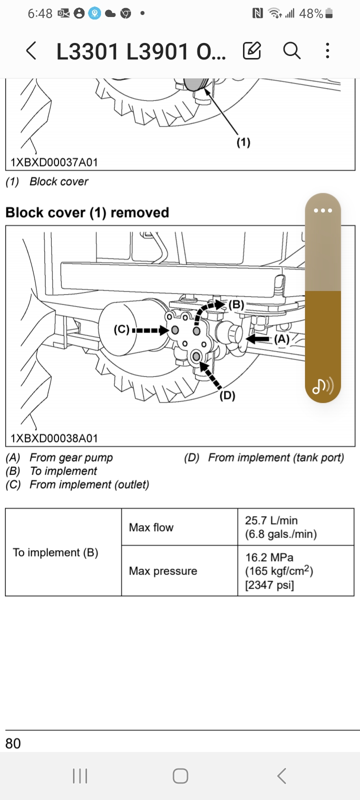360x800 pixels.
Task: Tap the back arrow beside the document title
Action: click(31, 51)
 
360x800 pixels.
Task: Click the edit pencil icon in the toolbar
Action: click(252, 50)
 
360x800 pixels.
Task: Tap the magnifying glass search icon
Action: click(291, 50)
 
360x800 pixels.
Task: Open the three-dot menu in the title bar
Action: click(327, 50)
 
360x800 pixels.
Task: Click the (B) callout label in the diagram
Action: click(236, 305)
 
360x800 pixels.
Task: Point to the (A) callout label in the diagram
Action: click(281, 339)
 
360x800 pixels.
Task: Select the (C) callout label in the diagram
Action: click(121, 330)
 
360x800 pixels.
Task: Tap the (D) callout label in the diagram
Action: click(227, 395)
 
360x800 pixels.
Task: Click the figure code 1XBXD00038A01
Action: click(54, 438)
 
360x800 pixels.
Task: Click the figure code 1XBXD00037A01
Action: click(54, 162)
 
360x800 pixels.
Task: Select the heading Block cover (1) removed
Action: click(87, 212)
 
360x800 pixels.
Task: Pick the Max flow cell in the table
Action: click(151, 527)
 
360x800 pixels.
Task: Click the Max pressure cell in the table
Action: click(163, 571)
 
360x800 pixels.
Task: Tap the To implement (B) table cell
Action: click(55, 552)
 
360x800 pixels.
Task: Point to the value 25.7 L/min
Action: click(271, 520)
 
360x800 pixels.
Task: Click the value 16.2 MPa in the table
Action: click(269, 557)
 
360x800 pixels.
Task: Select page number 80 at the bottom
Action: click(13, 743)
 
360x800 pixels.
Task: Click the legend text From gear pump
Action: click(71, 457)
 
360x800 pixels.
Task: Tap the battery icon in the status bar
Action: click(329, 14)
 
